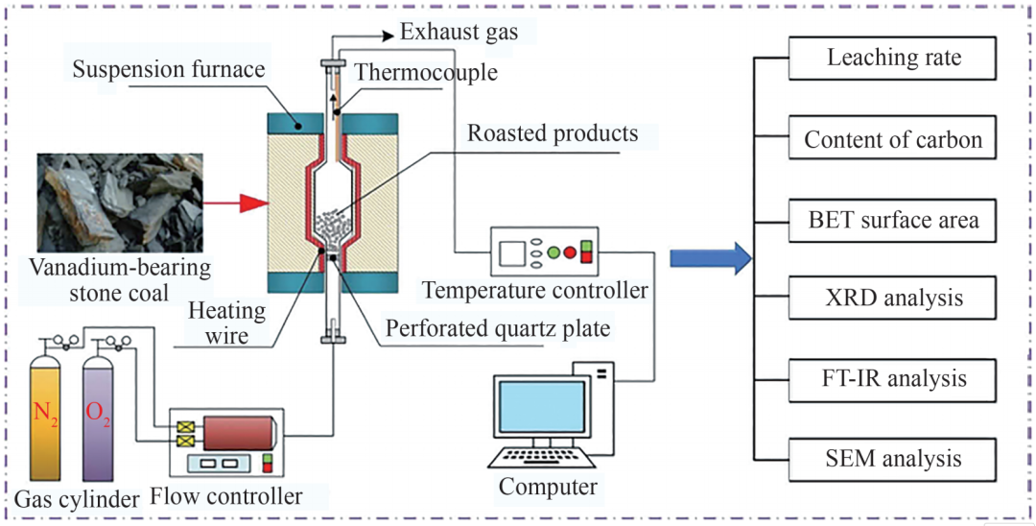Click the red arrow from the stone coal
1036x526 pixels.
click(239, 203)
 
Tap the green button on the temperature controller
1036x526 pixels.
click(553, 253)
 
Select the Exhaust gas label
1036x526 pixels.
click(459, 32)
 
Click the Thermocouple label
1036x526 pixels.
click(425, 72)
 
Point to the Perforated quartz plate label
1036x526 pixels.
click(497, 328)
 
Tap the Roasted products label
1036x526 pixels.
click(553, 133)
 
